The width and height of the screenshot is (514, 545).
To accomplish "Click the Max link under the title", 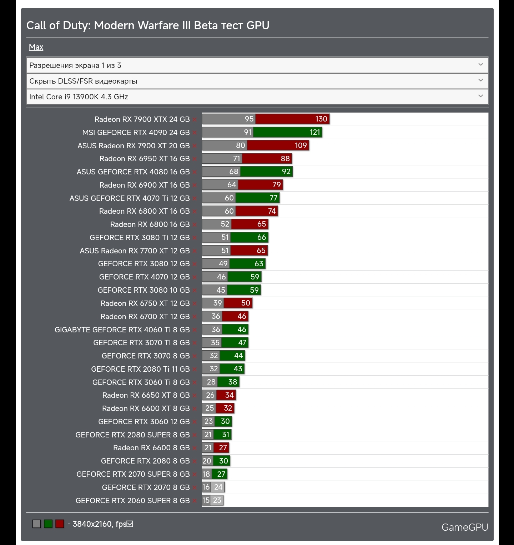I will (36, 47).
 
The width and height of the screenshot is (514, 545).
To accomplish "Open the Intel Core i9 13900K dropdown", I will (257, 97).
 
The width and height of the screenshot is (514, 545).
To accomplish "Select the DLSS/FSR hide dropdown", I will (257, 81).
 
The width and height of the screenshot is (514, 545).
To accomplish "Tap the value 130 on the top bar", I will (321, 119).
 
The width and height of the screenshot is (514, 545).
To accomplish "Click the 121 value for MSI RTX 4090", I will (315, 132).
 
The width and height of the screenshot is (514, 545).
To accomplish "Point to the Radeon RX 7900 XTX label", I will (142, 119).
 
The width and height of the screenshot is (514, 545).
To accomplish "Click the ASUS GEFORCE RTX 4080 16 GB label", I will (133, 172).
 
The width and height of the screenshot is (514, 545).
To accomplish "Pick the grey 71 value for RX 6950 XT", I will (237, 159).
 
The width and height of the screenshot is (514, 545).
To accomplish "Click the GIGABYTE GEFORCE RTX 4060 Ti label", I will (122, 330).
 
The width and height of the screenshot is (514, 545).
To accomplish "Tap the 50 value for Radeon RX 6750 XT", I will (246, 303).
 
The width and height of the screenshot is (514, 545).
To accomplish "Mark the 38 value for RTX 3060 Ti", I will (233, 382).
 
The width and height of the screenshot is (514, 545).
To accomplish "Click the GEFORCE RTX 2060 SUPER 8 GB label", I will (132, 501).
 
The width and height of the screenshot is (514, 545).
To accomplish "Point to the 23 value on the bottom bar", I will (217, 500).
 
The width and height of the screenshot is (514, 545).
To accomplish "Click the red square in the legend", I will (60, 524).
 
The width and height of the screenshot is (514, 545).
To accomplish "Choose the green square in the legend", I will (48, 524).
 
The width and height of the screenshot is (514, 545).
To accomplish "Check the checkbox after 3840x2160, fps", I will (130, 524).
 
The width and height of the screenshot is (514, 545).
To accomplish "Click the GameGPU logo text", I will (464, 527).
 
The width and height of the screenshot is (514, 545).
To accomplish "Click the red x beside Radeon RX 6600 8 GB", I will (195, 448).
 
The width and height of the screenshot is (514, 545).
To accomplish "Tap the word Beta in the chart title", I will (206, 25).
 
